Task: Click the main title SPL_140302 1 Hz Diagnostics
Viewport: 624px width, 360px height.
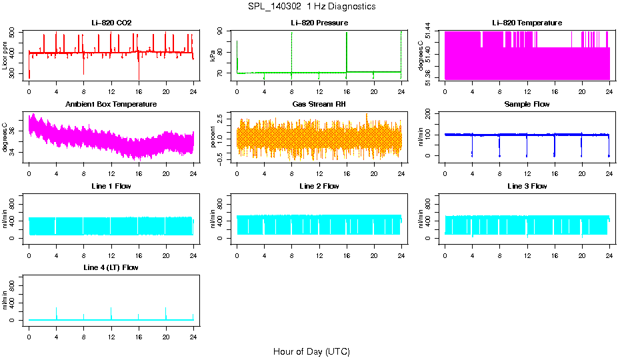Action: (x=311, y=6)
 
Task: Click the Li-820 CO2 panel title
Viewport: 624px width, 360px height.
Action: (x=111, y=23)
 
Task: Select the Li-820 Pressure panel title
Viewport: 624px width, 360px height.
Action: (x=319, y=23)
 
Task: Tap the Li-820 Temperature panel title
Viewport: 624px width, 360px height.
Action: (x=527, y=23)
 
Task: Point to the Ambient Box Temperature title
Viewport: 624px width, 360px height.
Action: (x=111, y=105)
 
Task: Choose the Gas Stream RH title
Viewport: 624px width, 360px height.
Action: (x=319, y=105)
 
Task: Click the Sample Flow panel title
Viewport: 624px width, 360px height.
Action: (x=527, y=105)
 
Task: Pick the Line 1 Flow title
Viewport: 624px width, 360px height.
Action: (x=111, y=186)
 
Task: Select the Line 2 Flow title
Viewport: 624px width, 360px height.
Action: (x=319, y=186)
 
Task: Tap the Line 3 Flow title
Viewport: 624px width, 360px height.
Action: (x=527, y=186)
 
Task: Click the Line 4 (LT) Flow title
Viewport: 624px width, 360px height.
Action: (x=111, y=267)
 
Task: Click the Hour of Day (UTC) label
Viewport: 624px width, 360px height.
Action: (x=311, y=351)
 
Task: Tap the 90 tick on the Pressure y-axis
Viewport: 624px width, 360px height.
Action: (x=221, y=31)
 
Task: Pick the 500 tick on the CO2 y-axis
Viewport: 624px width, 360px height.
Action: (x=13, y=32)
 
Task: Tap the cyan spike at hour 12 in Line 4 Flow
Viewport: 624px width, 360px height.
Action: (x=111, y=312)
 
